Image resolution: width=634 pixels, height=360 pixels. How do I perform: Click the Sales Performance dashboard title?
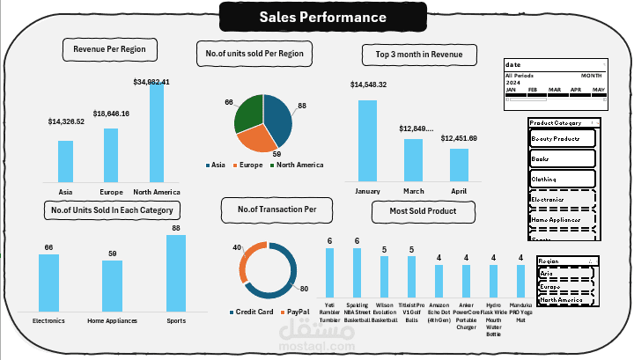(322, 17)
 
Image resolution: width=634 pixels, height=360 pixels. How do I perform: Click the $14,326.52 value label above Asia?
(66, 121)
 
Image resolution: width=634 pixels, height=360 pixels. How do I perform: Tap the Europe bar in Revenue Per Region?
(111, 155)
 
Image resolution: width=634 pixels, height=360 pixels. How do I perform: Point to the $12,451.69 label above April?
(459, 138)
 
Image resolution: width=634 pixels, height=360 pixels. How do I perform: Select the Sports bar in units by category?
(175, 274)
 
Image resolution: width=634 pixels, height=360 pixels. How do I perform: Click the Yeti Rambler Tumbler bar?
(329, 278)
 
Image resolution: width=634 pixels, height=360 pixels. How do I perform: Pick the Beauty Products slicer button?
(563, 139)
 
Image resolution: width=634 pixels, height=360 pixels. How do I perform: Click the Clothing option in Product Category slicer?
(563, 179)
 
